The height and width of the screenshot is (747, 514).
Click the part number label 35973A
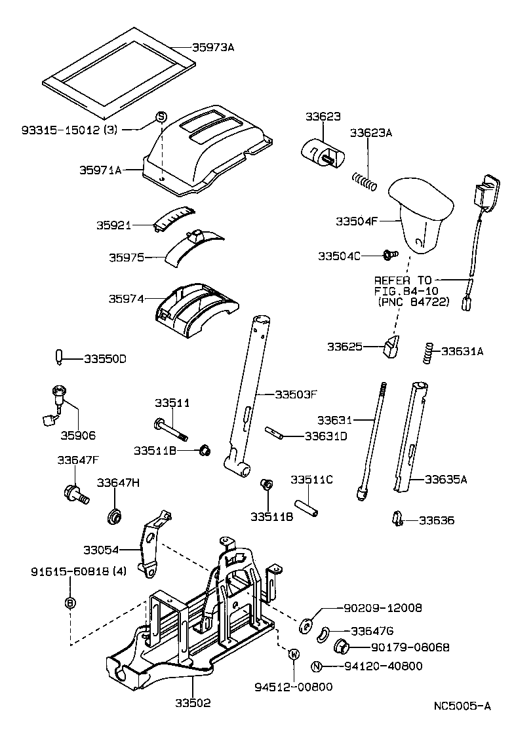(x=213, y=47)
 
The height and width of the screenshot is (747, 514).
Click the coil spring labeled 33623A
(x=365, y=180)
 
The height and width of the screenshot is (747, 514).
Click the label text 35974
(x=127, y=299)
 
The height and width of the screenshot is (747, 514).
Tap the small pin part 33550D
(x=59, y=358)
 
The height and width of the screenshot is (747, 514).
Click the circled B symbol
(x=71, y=602)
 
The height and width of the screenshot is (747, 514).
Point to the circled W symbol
(x=294, y=653)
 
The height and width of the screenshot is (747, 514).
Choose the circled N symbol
(x=317, y=666)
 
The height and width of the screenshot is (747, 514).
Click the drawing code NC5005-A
(x=462, y=706)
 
